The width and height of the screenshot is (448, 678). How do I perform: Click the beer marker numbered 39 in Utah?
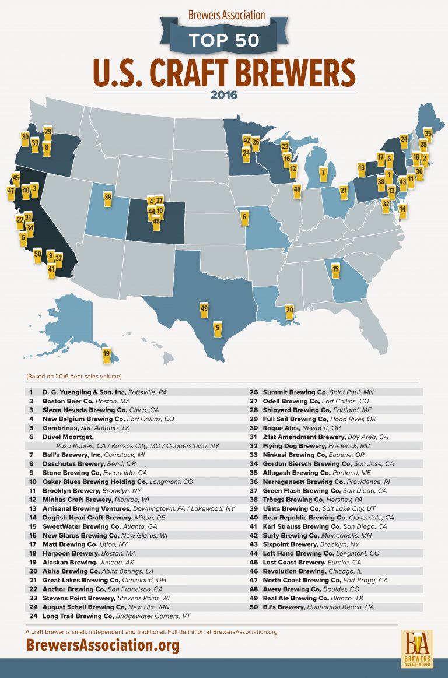[x=108, y=198]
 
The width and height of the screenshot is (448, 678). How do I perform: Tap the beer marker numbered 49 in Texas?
[x=204, y=309]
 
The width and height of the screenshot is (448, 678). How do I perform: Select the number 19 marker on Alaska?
[x=106, y=354]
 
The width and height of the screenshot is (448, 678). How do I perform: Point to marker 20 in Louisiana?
[x=289, y=310]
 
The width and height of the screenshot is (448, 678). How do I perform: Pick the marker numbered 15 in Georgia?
[x=335, y=269]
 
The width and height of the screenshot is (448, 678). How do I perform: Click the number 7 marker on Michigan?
[x=323, y=173]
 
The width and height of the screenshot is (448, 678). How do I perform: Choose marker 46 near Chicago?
[x=297, y=189]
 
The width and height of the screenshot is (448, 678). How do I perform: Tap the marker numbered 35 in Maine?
[x=428, y=134]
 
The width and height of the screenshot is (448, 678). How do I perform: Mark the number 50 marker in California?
[x=37, y=254]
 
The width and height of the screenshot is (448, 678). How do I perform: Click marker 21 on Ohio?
[x=344, y=191]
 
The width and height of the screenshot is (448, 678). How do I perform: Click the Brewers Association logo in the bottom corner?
[x=416, y=648]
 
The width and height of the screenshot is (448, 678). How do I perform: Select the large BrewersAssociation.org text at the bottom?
[x=102, y=645]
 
